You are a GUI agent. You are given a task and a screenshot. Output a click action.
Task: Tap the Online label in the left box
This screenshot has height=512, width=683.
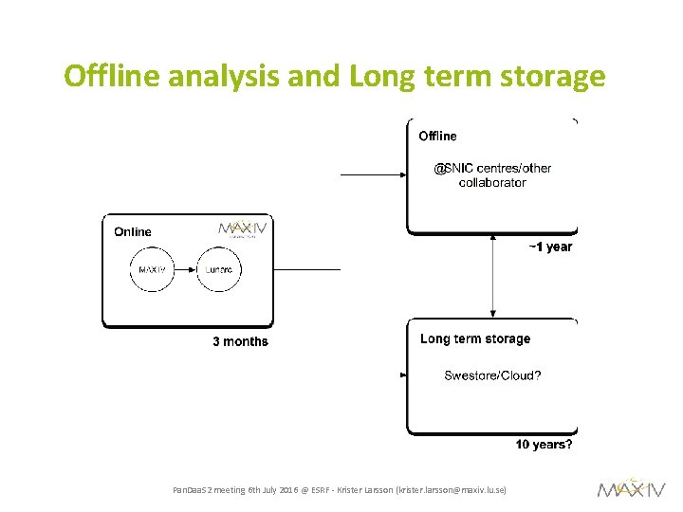[x=132, y=231]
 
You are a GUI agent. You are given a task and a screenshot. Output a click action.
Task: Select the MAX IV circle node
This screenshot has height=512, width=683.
[x=153, y=270]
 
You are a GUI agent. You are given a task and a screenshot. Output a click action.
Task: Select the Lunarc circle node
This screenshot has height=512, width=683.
[x=219, y=270]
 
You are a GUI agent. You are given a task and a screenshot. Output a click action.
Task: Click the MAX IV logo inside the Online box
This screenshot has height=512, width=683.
[x=243, y=229]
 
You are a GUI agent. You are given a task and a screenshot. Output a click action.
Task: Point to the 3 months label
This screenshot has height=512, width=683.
[x=240, y=341]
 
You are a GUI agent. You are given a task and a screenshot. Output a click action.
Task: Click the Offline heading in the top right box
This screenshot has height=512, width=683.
[x=437, y=137]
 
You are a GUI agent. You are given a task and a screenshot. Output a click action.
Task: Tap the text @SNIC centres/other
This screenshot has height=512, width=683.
[x=492, y=169]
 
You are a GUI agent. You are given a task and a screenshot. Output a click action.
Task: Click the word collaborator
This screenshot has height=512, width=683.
[x=492, y=183]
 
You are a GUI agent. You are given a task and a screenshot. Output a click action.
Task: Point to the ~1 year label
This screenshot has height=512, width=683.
[x=550, y=247]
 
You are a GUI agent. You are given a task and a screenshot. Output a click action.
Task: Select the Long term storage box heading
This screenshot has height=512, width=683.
[x=475, y=338]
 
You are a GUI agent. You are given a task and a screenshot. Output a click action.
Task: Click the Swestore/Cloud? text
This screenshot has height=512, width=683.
[x=493, y=375]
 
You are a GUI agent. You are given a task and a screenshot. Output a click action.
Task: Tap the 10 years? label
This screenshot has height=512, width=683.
[x=544, y=445]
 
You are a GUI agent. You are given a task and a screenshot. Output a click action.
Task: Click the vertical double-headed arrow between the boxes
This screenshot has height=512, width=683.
[x=492, y=276]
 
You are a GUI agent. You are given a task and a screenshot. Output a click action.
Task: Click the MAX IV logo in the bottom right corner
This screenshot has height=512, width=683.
[x=631, y=488]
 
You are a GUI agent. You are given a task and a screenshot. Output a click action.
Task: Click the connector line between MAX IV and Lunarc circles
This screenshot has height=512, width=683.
[x=186, y=270]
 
